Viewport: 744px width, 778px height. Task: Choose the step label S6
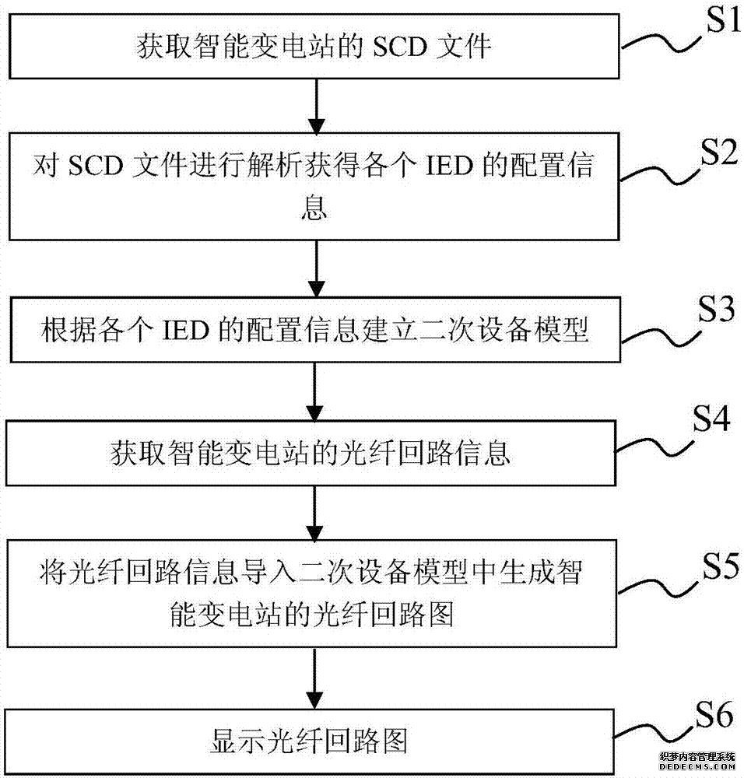[x=710, y=714]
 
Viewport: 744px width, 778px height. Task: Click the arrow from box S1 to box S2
[x=314, y=104]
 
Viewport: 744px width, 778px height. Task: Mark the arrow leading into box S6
[x=314, y=675]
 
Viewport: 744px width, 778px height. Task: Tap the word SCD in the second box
[x=103, y=166]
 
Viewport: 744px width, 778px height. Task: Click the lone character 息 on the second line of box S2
[x=314, y=209]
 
